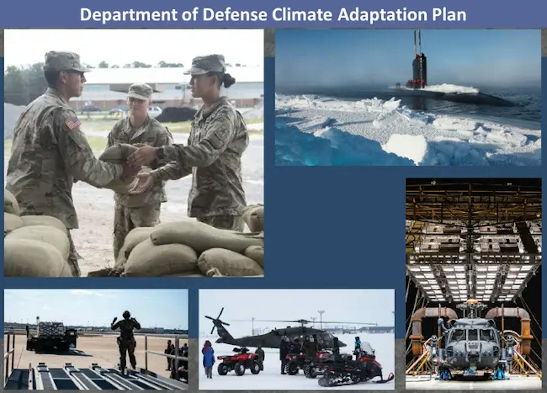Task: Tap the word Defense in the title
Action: click(x=235, y=15)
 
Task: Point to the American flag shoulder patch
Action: click(x=73, y=123)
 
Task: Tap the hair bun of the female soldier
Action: click(x=229, y=80)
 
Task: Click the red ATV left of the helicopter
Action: click(x=238, y=360)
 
